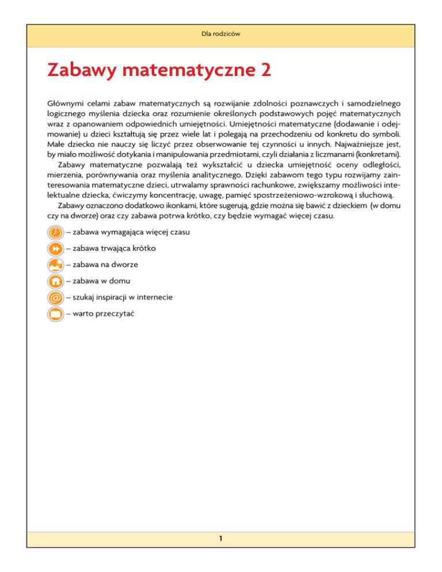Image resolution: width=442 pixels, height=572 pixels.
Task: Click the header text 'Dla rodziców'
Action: coord(221,34)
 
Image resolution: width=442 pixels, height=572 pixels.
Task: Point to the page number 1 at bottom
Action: coord(220,555)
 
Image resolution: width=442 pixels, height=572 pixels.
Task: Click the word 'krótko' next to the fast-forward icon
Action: coord(142,249)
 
